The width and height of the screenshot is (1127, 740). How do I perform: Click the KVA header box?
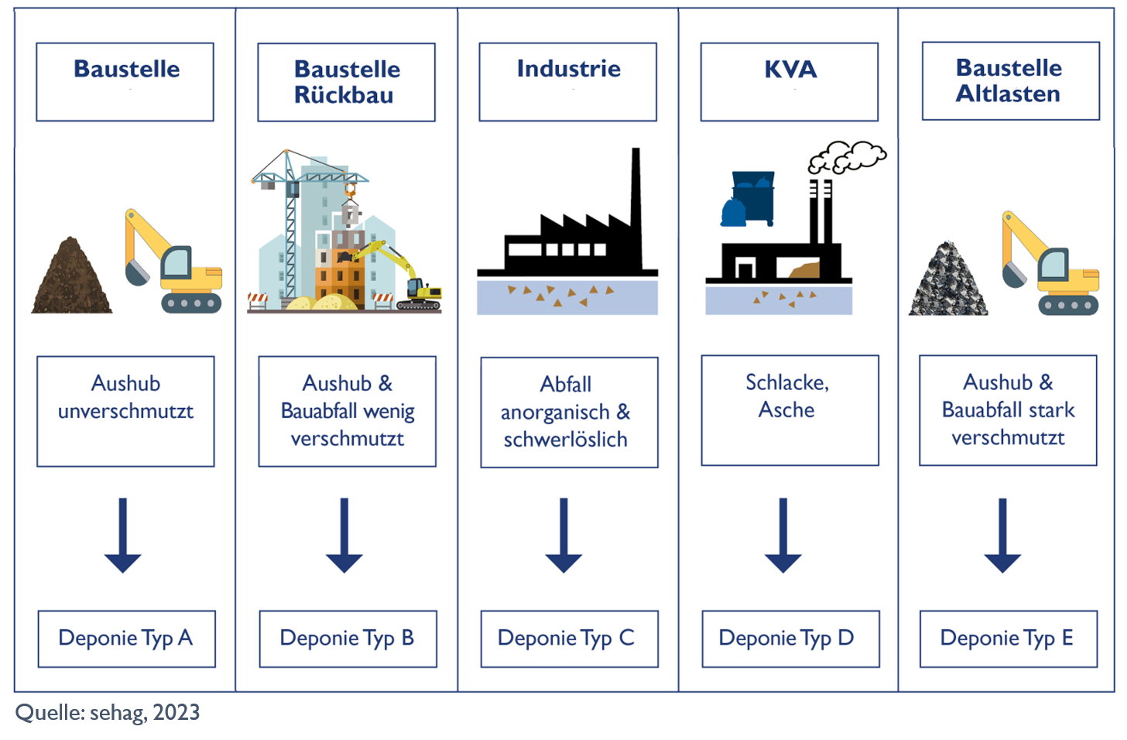coord(790,81)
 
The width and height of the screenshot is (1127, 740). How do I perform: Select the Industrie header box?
coord(567,81)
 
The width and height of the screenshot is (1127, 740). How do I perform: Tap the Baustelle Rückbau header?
coord(346,82)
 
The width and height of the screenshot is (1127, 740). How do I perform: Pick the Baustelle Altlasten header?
coord(1010,81)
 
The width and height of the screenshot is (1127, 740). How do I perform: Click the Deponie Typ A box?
coord(126,639)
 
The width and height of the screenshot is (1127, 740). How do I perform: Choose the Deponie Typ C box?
coord(569,639)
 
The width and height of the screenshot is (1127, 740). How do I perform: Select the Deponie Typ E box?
coord(1008,639)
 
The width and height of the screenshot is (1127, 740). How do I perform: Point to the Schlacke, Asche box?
coord(790,410)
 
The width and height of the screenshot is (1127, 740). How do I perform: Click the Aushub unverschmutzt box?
coord(125,411)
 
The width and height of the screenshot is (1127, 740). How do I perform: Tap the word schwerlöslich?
coord(566,440)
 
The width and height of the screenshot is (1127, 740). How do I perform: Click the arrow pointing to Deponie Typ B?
coord(344,535)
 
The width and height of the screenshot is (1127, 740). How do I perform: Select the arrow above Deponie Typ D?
coord(783,535)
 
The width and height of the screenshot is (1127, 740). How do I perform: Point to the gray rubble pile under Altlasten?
coord(947,283)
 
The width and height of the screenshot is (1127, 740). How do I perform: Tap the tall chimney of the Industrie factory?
coord(636,201)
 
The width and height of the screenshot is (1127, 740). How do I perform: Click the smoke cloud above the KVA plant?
coord(847,157)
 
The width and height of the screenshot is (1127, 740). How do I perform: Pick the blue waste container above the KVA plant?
coord(753,197)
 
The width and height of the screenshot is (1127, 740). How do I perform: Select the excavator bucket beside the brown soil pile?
coord(137,272)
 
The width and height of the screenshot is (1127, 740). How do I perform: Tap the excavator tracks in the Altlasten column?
coord(1068,304)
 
